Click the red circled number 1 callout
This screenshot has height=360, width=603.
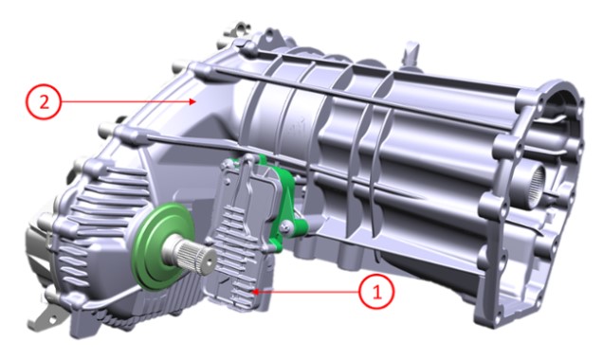click(x=376, y=293)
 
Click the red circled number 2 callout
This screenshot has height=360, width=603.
click(x=44, y=102)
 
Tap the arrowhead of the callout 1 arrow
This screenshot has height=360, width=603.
click(x=255, y=292)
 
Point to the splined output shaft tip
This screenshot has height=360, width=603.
click(x=204, y=259)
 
